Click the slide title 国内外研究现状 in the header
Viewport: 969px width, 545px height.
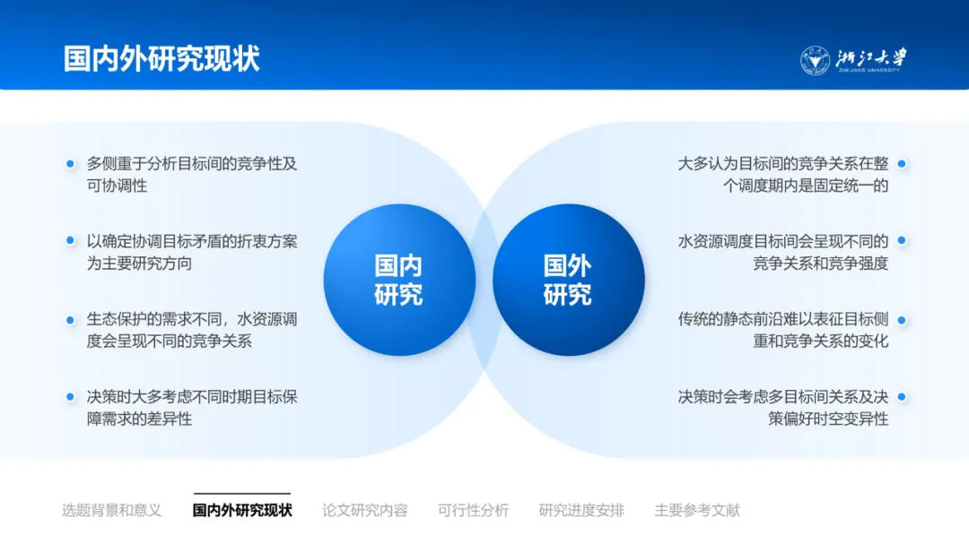tap(161, 59)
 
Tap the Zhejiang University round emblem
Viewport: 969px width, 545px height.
tap(815, 60)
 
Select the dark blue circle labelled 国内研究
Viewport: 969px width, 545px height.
tap(399, 280)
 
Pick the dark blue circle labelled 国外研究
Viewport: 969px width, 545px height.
tap(569, 280)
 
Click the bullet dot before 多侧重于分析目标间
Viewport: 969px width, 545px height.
tap(70, 163)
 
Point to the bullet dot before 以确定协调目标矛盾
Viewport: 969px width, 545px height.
tap(70, 241)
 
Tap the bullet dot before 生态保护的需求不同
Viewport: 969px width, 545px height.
tap(70, 320)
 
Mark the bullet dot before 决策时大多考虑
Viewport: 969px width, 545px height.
tap(70, 397)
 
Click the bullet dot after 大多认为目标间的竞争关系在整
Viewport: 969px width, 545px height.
tap(902, 163)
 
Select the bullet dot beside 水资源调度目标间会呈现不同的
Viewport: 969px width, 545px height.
tap(902, 241)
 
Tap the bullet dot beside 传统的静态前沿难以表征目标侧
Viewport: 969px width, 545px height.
tap(902, 320)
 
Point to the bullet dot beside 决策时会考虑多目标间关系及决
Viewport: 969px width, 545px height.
tap(902, 397)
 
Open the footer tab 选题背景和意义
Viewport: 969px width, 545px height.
tap(112, 510)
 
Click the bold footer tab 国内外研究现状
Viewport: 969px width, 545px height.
tap(242, 510)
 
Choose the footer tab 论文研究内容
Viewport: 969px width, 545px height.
tap(364, 510)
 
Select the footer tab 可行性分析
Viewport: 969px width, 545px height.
tap(474, 510)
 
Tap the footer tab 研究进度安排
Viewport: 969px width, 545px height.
tap(581, 510)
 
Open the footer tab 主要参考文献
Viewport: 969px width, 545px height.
tap(697, 510)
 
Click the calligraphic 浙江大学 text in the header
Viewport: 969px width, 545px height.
tap(871, 57)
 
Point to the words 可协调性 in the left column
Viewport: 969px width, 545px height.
tap(117, 186)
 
